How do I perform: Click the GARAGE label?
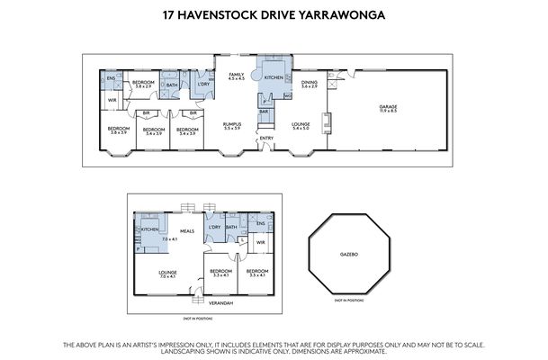(388, 107)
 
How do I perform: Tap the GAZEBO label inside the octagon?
(348, 255)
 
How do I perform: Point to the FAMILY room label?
(236, 74)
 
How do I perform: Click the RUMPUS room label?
(233, 124)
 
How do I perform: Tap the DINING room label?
(310, 83)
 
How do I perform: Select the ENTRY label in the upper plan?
(265, 138)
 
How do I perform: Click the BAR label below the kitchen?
(265, 112)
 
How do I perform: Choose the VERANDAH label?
(221, 302)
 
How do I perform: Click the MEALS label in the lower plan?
(187, 230)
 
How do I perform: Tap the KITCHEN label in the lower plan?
(149, 230)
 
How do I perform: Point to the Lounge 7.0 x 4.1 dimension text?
(167, 275)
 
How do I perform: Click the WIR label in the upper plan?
(112, 100)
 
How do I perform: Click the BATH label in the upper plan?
(171, 85)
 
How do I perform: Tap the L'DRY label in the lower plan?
(213, 227)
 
